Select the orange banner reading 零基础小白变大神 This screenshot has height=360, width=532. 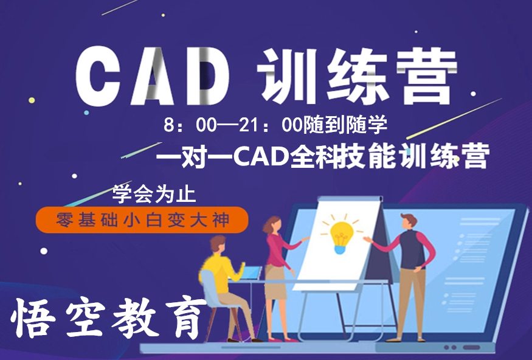(142, 220)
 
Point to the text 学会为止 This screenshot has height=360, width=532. (154, 194)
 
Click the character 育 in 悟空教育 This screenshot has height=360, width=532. (186, 317)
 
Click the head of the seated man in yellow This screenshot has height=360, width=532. (218, 244)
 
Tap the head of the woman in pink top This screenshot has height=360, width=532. (273, 224)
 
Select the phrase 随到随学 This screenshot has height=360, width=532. (345, 125)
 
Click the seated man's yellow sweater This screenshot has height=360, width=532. (221, 272)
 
